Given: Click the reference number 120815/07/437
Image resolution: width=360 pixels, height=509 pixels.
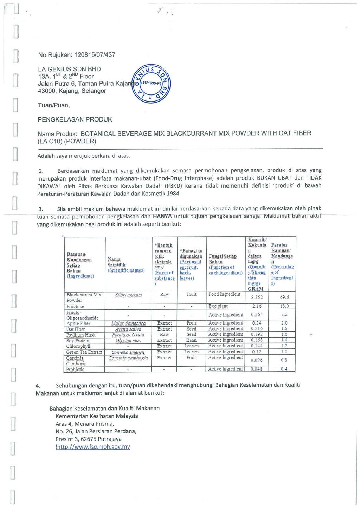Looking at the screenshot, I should click(95, 55).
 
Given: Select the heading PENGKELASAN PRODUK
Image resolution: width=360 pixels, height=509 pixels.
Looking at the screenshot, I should click(75, 119).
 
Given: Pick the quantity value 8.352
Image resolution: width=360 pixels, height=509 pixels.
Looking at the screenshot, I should click(257, 297).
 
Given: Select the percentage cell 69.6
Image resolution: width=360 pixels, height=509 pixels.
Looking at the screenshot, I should click(284, 297).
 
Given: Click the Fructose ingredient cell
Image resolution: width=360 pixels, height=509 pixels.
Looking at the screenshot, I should click(75, 306).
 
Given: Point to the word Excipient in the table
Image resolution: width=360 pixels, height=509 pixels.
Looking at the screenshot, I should click(218, 306).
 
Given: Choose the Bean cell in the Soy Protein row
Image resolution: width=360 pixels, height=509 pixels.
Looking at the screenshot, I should click(191, 340).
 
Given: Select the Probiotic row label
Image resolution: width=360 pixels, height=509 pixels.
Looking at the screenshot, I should click(75, 369).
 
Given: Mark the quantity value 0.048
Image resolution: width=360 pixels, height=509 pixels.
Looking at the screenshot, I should click(257, 369).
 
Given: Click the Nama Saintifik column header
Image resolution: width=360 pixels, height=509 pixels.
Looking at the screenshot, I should click(126, 265).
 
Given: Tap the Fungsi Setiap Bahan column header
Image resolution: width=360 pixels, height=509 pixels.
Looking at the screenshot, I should click(225, 265).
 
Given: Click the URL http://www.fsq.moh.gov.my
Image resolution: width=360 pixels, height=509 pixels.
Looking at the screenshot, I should click(93, 447).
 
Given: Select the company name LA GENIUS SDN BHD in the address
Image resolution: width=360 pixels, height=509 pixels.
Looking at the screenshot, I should click(69, 69).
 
